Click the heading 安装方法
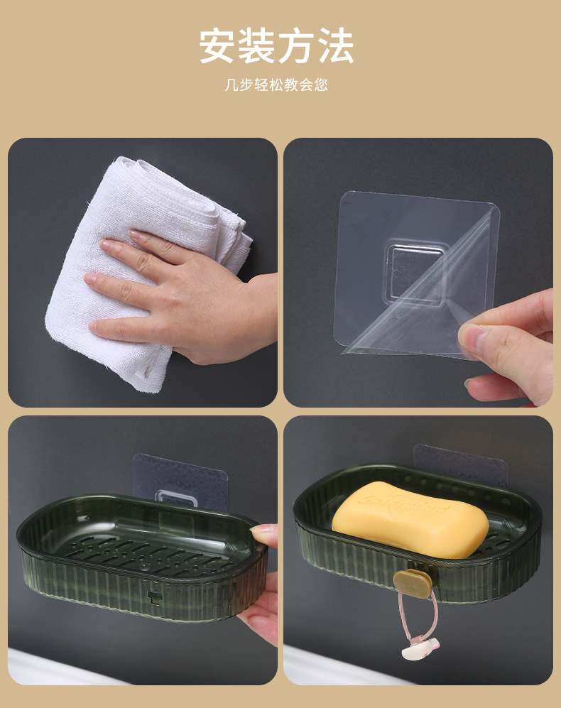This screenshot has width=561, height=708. [x=276, y=46]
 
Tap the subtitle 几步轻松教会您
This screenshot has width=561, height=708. [x=276, y=85]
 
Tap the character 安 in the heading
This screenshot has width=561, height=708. [x=218, y=46]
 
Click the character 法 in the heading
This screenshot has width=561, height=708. [x=335, y=46]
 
